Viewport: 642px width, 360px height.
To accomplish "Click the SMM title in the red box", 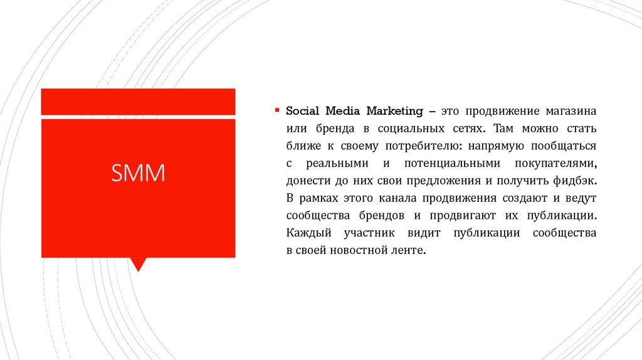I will pyautogui.click(x=138, y=173).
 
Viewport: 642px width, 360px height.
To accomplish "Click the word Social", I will pyautogui.click(x=303, y=112).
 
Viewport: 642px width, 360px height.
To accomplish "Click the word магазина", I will pyautogui.click(x=570, y=112).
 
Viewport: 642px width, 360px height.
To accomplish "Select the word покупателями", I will pyautogui.click(x=559, y=164).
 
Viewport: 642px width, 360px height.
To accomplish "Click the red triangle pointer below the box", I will pyautogui.click(x=138, y=263).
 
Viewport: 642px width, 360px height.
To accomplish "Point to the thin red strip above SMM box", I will pyautogui.click(x=138, y=102).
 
